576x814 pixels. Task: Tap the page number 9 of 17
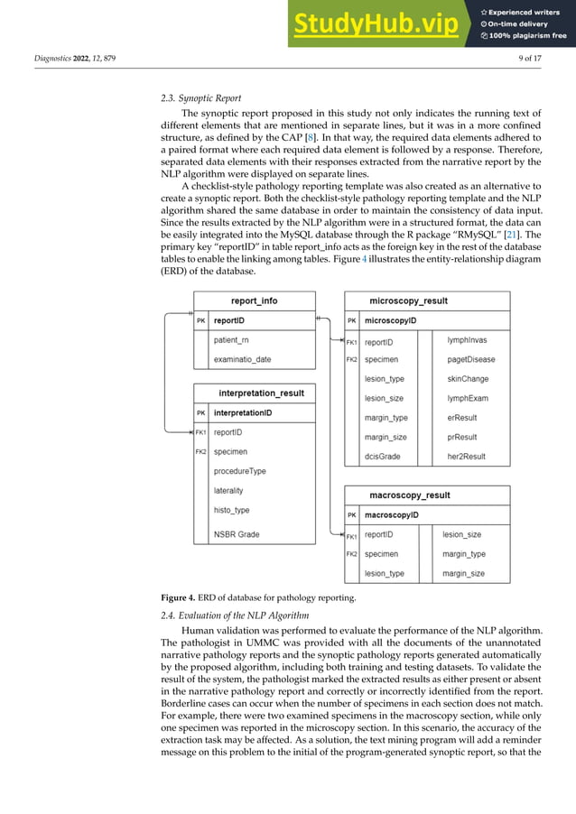tap(537, 59)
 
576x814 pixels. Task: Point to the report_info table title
tap(255, 301)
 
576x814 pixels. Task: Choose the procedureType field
tap(239, 471)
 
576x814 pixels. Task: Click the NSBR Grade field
tap(237, 534)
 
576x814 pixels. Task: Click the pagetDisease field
tap(471, 360)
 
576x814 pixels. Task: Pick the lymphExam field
tap(468, 398)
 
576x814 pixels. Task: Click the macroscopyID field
tap(395, 515)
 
